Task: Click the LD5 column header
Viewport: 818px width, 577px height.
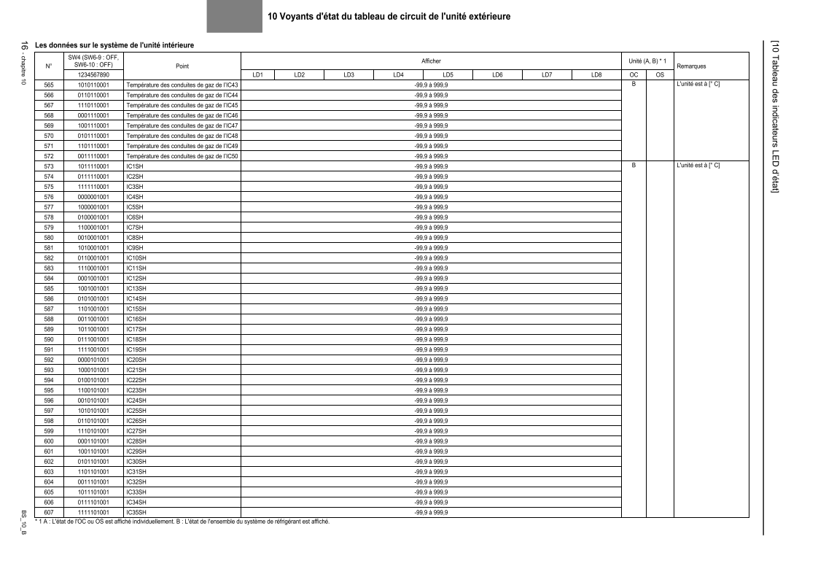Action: (x=448, y=74)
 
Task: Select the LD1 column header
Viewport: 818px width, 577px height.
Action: (x=257, y=74)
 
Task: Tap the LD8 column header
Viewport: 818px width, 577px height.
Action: (x=596, y=74)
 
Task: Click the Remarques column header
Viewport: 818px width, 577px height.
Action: (x=691, y=66)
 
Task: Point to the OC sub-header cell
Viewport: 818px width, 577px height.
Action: (x=634, y=74)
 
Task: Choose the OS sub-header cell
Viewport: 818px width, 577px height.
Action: (x=660, y=74)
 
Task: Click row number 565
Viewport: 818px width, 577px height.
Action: (x=49, y=85)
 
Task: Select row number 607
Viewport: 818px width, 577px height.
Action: (x=49, y=513)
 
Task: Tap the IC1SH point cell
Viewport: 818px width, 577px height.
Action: (x=135, y=166)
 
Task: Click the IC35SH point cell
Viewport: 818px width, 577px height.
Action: (x=136, y=513)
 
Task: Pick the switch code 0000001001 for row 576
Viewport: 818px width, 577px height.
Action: (x=93, y=197)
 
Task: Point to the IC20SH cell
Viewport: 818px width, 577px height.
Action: (x=136, y=360)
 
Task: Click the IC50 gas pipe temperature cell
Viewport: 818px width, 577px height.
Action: (x=182, y=156)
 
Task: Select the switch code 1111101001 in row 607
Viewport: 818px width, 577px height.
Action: (x=93, y=513)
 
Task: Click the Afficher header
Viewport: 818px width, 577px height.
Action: (x=431, y=61)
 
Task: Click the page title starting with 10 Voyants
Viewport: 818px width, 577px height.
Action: (x=389, y=16)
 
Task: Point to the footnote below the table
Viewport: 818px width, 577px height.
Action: (x=182, y=522)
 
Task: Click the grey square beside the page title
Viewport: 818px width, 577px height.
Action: (x=234, y=16)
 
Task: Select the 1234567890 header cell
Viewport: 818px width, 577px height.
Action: (x=93, y=74)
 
